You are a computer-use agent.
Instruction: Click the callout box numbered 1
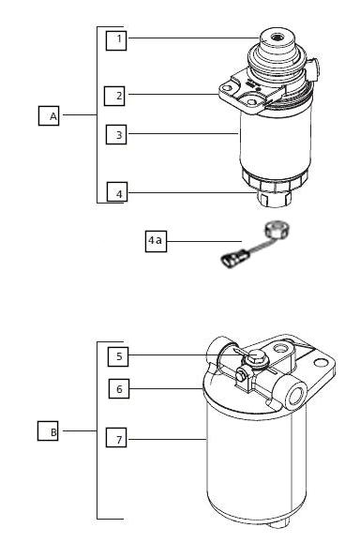(x=116, y=40)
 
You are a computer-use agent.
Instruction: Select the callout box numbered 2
(x=114, y=96)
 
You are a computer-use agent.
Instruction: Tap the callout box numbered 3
(x=116, y=134)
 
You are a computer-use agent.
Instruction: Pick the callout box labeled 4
(x=117, y=192)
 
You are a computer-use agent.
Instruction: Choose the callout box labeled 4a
(x=156, y=242)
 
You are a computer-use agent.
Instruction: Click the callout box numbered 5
(x=118, y=356)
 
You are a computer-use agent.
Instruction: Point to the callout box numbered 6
(x=119, y=388)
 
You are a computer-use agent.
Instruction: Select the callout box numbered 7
(x=116, y=437)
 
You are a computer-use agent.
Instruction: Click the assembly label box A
(x=49, y=115)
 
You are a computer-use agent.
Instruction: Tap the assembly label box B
(x=48, y=431)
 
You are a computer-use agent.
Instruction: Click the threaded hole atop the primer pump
(x=277, y=38)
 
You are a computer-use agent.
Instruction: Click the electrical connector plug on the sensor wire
(x=233, y=258)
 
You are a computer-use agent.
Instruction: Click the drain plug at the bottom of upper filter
(x=274, y=198)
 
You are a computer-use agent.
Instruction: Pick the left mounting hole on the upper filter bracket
(x=226, y=88)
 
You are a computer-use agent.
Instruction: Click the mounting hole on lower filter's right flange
(x=321, y=363)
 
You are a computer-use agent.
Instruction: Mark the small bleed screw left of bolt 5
(x=241, y=375)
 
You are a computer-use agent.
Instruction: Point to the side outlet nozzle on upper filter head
(x=314, y=68)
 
